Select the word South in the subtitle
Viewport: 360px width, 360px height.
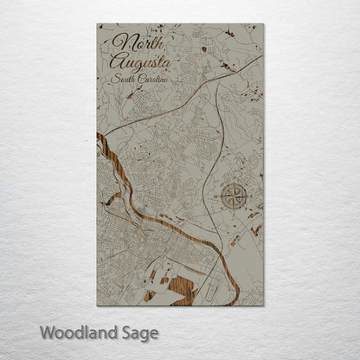[124, 79]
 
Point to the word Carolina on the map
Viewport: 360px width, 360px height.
[152, 80]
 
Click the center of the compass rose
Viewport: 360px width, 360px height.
[233, 196]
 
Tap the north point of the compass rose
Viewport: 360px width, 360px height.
[233, 182]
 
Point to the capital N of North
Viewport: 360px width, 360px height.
[119, 42]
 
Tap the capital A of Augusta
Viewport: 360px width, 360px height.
[116, 61]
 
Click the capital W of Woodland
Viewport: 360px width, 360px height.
[48, 331]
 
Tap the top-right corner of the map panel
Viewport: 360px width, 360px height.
[263, 23]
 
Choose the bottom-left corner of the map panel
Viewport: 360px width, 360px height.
[97, 305]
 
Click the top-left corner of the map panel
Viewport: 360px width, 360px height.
[97, 23]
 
